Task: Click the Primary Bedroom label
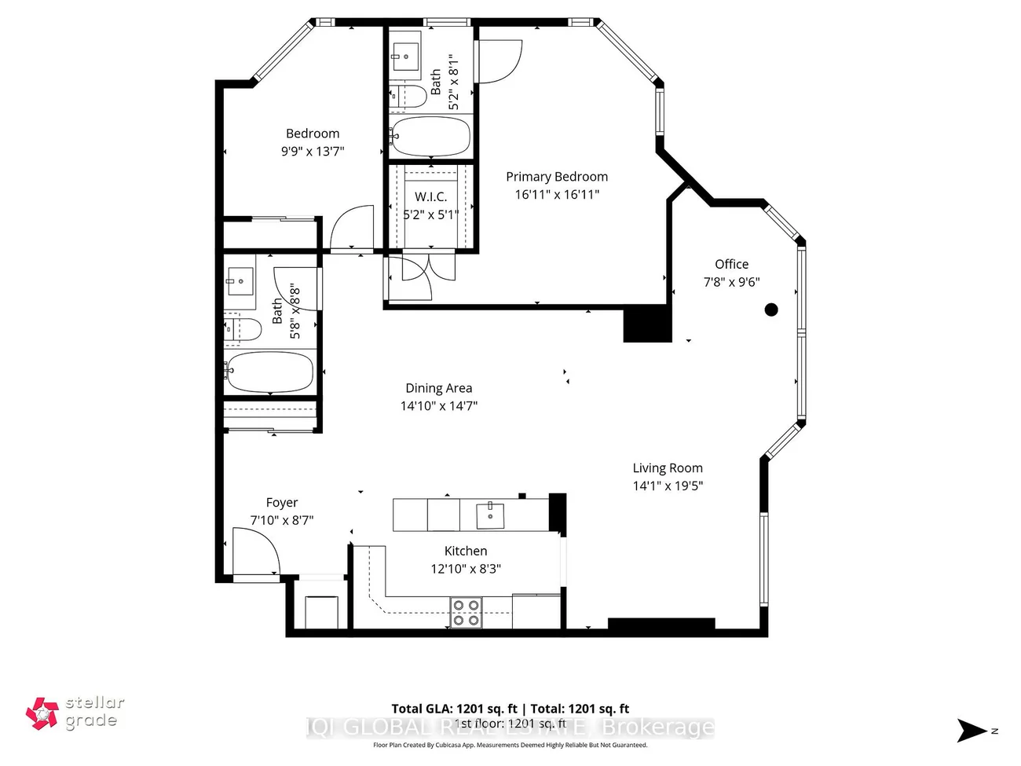click(556, 177)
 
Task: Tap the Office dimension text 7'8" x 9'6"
click(731, 282)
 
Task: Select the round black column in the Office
click(771, 310)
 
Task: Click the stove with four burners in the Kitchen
click(465, 613)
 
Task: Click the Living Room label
click(668, 468)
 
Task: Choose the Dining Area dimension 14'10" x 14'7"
click(438, 406)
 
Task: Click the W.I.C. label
click(430, 196)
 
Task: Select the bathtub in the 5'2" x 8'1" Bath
click(430, 137)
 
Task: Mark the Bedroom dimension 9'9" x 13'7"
click(313, 152)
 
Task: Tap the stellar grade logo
click(75, 713)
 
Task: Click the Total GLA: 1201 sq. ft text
click(454, 709)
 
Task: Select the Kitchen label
click(466, 552)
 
